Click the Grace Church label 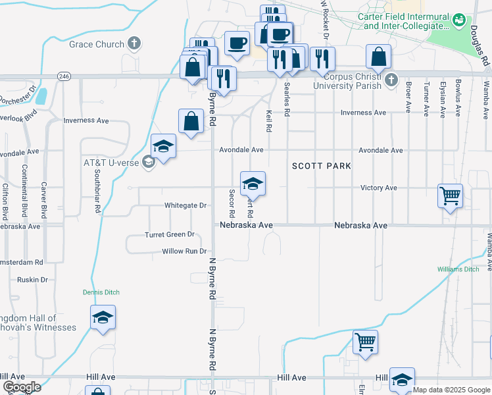97,45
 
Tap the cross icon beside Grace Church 134,45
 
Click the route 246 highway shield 64,76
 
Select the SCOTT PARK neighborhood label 322,166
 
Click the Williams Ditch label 458,269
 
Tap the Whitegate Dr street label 185,205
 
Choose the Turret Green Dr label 170,234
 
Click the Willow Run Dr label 184,251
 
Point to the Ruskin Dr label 34,279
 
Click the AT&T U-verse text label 110,162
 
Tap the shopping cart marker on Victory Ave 451,195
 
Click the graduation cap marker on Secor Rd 253,184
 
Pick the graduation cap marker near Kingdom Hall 103,318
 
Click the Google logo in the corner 22,387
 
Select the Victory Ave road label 378,188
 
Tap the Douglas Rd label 478,45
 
